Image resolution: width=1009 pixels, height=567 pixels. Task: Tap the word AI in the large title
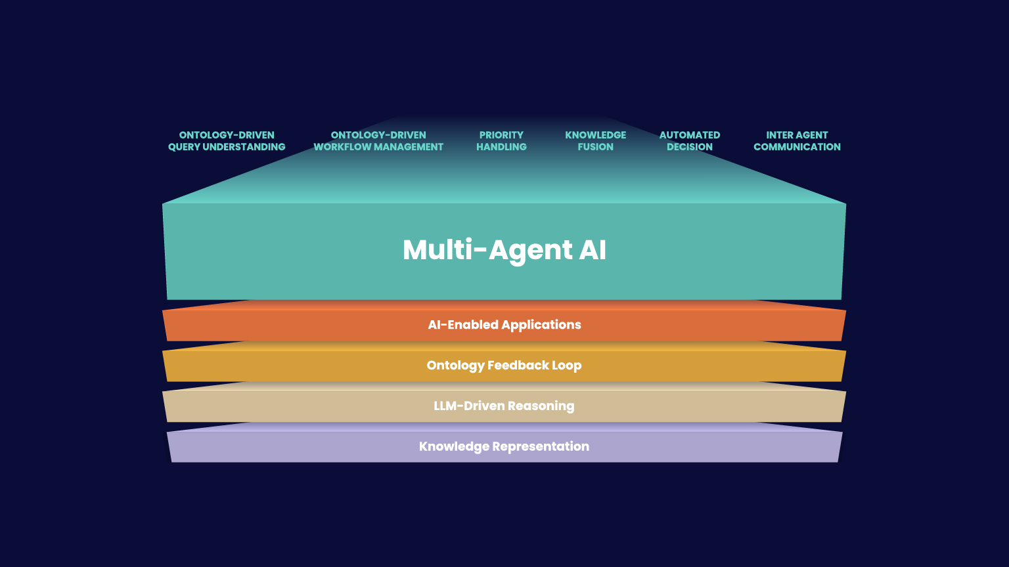point(593,250)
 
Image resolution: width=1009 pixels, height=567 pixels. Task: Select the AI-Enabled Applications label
point(504,325)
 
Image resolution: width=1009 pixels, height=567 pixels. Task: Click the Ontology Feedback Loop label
point(504,366)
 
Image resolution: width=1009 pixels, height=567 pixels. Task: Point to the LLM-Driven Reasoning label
point(504,406)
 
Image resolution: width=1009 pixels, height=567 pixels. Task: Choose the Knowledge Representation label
point(504,447)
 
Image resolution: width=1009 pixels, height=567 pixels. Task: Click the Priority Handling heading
point(501,141)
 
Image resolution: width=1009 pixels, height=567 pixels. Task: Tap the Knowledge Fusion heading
point(595,141)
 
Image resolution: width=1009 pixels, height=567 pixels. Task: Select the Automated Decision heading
point(690,141)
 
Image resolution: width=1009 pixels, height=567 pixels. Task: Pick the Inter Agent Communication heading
point(797,141)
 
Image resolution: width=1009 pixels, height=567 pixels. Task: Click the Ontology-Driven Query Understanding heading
point(227,141)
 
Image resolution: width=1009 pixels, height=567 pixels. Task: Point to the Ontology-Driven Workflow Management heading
point(378,141)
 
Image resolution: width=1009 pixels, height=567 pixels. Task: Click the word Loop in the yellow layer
point(567,366)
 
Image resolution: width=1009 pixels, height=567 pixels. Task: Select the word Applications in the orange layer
point(541,325)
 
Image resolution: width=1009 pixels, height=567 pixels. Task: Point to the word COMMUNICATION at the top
point(797,147)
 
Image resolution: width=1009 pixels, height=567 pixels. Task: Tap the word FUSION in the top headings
point(595,147)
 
